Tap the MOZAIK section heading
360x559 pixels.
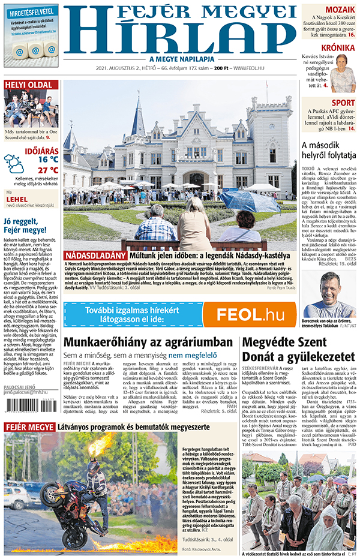340,10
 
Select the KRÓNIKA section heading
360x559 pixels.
337,48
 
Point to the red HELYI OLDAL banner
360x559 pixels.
31,85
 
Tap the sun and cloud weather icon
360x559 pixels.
14,164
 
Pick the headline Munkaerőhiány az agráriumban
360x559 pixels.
148,342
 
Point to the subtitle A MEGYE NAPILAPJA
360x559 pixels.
182,59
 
